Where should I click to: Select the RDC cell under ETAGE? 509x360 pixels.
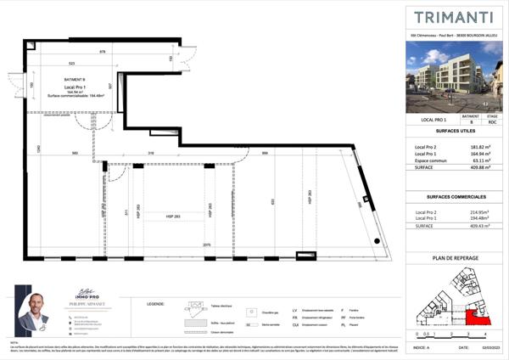coord(492,124)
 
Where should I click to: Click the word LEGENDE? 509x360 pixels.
coord(155,301)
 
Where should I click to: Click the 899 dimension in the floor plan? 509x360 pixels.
coord(265,153)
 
